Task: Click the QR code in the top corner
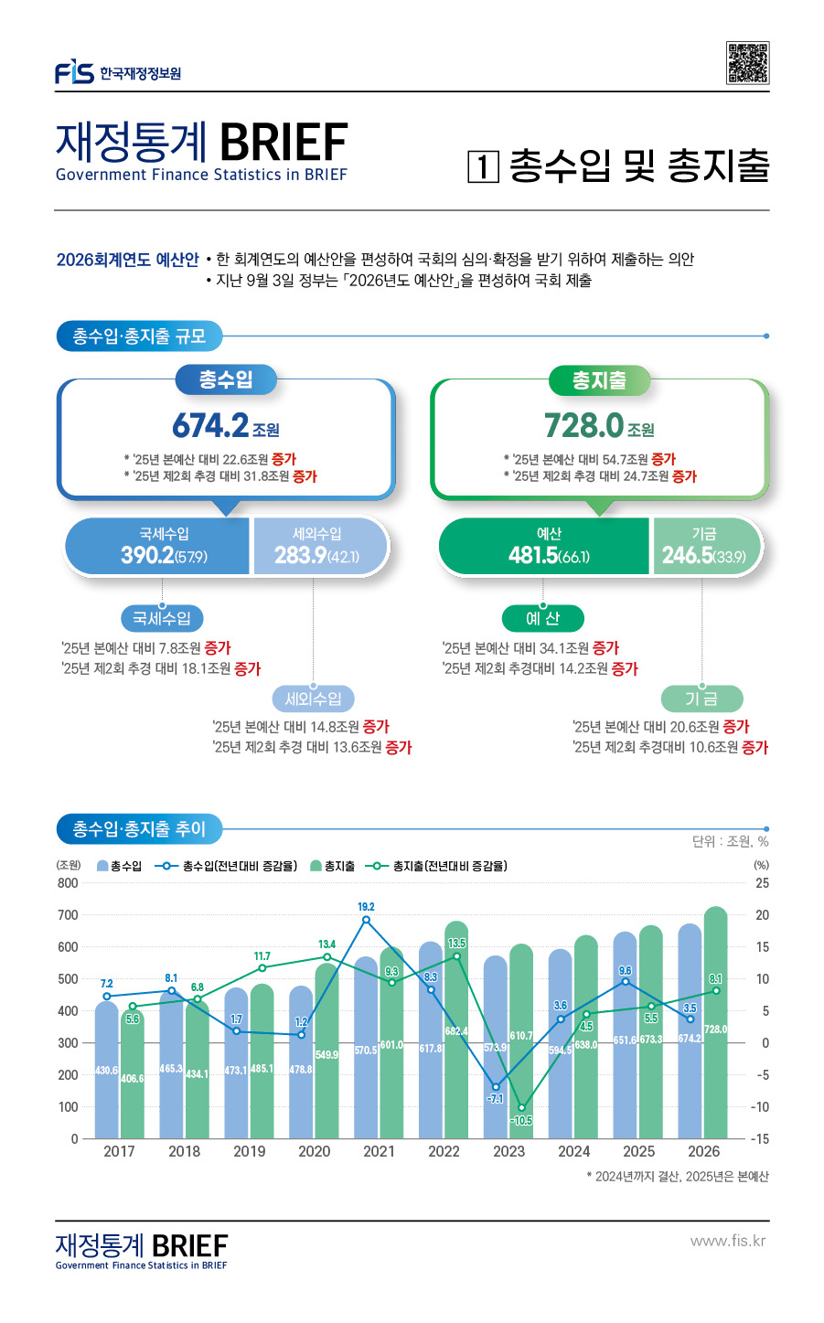(747, 63)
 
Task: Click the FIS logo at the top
(74, 72)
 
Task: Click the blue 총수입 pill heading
(226, 379)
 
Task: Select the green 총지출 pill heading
(599, 379)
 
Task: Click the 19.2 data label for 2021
(366, 907)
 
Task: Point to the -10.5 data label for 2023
(521, 1120)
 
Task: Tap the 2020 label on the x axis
(314, 1151)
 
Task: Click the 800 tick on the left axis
(68, 883)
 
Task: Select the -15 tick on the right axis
(760, 1139)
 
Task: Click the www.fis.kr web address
(728, 1241)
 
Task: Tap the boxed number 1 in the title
(483, 166)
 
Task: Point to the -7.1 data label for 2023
(495, 1098)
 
